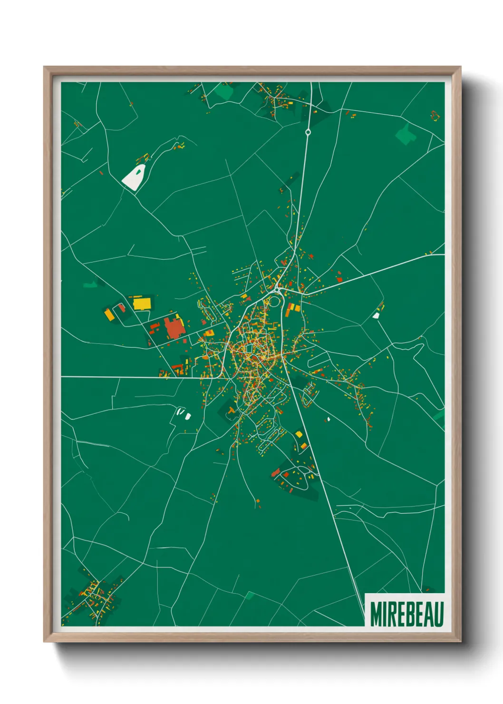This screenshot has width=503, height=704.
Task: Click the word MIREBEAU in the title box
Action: (406, 614)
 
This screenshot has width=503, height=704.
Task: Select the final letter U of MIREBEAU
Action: (439, 614)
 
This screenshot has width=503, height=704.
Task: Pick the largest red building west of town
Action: (174, 328)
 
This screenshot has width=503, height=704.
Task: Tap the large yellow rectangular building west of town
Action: (142, 303)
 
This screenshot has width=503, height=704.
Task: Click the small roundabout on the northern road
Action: (308, 132)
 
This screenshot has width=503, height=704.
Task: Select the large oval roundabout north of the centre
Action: (274, 302)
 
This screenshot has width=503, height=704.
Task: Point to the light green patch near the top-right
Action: (405, 134)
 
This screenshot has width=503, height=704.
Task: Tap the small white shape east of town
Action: (376, 315)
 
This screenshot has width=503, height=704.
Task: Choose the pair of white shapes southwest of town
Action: (184, 414)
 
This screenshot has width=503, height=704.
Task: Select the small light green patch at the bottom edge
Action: (250, 595)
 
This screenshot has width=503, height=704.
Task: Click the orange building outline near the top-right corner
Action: (434, 115)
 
